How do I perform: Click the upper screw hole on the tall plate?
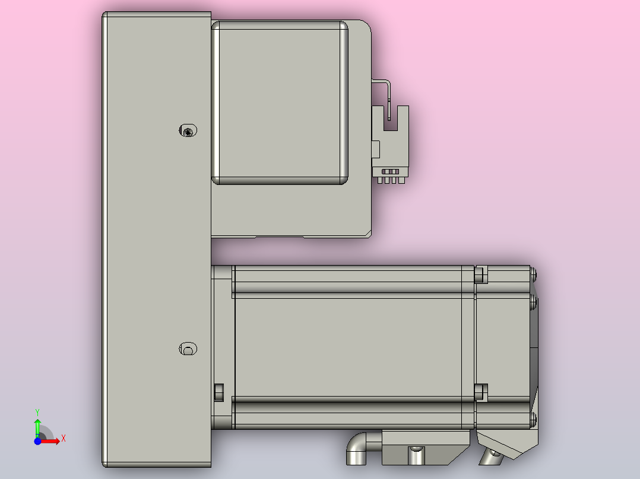coord(188,130)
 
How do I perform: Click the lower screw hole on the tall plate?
coord(188,349)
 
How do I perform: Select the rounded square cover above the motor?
coord(280,103)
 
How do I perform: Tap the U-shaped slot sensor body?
coord(390,139)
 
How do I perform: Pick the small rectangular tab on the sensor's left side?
coord(375,149)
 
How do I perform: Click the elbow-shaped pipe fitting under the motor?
coord(360,450)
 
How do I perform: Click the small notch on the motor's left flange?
coord(218,392)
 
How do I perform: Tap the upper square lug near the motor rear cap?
coord(480,275)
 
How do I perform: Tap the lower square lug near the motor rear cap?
coord(480,391)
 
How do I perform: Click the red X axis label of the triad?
coord(64,439)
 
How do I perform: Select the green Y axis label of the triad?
coord(37,411)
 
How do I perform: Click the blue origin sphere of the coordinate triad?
coord(37,441)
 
